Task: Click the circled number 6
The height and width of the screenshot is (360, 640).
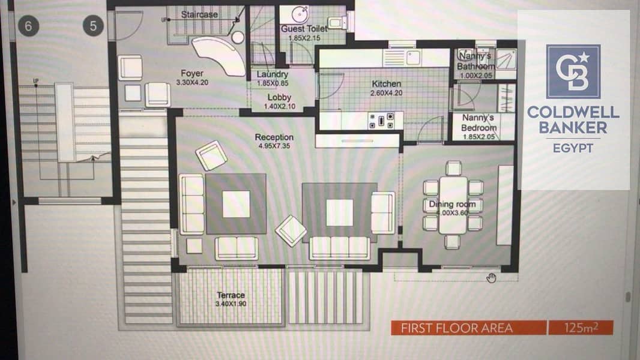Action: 28,26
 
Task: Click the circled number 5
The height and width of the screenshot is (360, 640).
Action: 93,26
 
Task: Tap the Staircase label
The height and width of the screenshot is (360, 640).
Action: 199,14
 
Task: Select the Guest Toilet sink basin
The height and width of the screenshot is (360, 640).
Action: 300,14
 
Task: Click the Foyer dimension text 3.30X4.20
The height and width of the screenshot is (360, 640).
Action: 192,82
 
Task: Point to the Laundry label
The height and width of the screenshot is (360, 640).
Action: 272,74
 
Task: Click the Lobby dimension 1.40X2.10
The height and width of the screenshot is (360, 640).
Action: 279,106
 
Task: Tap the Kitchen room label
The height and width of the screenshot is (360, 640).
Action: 386,83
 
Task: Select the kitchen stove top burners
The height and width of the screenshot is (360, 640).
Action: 381,121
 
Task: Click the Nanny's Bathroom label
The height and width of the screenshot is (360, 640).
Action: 476,61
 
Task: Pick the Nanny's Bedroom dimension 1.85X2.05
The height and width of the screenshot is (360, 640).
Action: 478,137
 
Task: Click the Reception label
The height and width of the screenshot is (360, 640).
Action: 274,137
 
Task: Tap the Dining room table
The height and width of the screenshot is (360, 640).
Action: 453,205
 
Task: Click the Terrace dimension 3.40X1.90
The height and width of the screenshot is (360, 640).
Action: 231,304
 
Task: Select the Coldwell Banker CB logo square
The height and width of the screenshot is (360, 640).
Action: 573,71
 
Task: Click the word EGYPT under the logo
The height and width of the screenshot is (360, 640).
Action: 573,148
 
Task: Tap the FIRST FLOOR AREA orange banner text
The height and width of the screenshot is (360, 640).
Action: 456,328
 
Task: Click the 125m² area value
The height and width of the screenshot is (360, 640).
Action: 581,328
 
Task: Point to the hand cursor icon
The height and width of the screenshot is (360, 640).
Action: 492,278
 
